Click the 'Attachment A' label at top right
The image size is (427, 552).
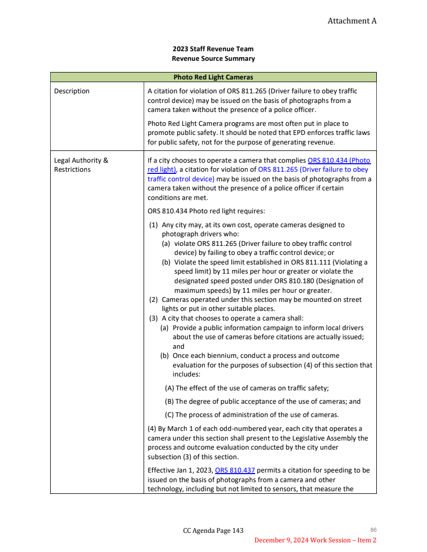tap(352, 21)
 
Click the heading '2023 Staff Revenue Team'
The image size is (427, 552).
tap(213, 49)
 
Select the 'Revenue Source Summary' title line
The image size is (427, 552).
tap(213, 59)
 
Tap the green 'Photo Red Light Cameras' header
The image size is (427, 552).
tap(213, 77)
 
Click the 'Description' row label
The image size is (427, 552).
tap(72, 91)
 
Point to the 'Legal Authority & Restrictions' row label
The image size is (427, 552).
tap(81, 165)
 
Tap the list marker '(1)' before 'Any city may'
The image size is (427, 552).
tap(153, 225)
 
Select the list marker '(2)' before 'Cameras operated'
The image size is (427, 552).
tap(153, 300)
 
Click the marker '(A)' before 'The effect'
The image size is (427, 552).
tap(169, 388)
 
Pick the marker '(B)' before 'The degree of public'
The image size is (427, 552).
tap(169, 402)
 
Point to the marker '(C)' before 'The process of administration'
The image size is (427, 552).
tap(169, 415)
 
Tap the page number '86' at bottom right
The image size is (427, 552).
tap(373, 530)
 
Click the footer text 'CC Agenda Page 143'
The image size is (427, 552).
tap(213, 531)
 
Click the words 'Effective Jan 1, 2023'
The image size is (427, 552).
tap(180, 470)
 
